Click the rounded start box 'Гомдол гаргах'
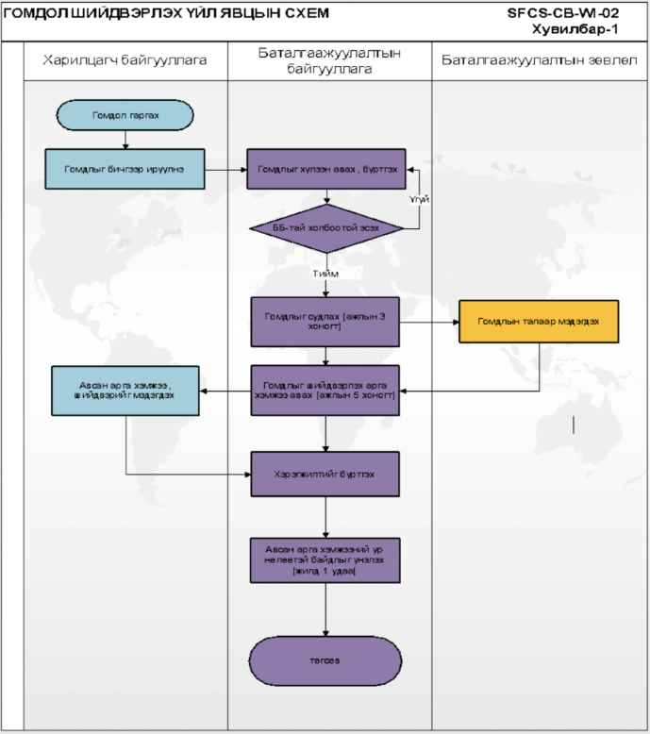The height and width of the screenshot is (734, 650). click(x=125, y=115)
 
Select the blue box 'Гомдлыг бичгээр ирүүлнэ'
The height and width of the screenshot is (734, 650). click(x=125, y=169)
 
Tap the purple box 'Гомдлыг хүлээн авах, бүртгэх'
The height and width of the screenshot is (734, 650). click(x=326, y=170)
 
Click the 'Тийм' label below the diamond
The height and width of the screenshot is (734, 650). click(x=326, y=274)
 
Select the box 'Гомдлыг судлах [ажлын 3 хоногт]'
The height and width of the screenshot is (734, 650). click(x=326, y=321)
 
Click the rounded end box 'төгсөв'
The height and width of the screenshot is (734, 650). click(x=326, y=660)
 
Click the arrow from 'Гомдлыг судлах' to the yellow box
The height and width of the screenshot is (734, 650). click(x=430, y=321)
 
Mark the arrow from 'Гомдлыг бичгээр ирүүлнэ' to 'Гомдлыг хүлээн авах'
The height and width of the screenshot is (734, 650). click(x=226, y=170)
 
